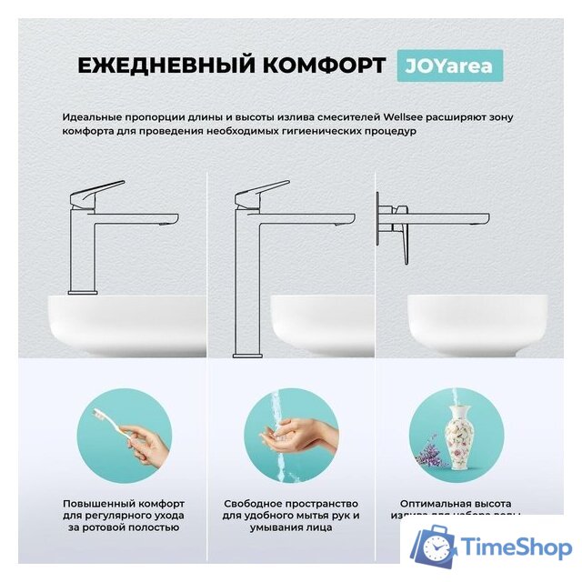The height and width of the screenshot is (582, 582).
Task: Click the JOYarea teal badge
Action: click(x=450, y=65)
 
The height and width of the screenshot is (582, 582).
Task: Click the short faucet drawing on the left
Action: click(x=100, y=227)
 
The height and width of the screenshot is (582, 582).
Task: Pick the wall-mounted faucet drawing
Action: click(x=418, y=223)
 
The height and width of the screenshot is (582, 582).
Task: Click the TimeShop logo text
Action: click(x=514, y=548)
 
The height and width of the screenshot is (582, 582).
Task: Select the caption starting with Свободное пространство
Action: click(x=291, y=515)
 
